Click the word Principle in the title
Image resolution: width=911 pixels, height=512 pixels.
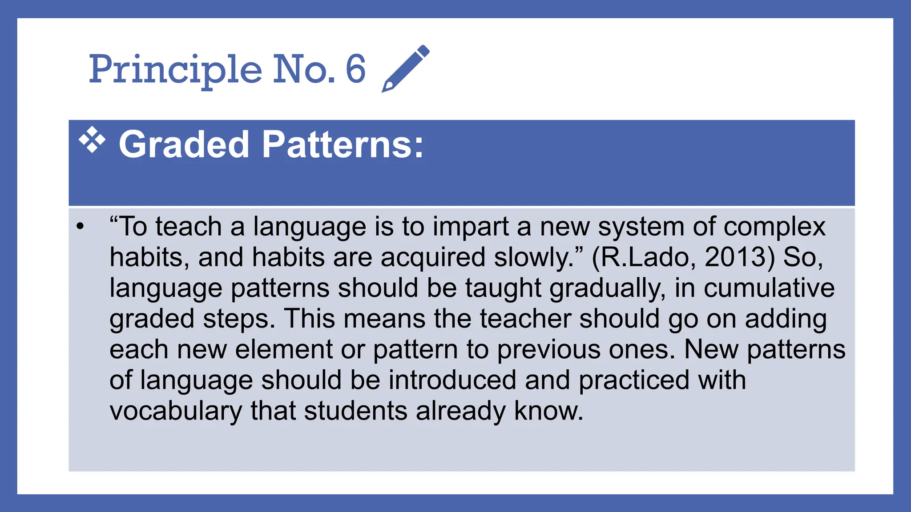coord(175,70)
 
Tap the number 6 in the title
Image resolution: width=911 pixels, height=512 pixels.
coord(355,69)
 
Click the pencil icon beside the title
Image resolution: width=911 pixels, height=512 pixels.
coord(405,68)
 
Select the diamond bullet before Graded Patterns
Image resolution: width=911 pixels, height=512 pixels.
coord(92,140)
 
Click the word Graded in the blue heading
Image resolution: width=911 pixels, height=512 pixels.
coord(183,144)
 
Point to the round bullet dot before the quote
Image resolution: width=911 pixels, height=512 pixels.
coord(80,227)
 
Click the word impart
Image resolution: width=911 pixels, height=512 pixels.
coord(471,227)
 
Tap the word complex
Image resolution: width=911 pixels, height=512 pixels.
coord(774,227)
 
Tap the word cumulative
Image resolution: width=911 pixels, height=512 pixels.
coord(769,288)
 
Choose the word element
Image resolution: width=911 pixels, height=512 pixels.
coord(284,349)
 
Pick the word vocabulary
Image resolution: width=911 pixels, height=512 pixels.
coord(176,411)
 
